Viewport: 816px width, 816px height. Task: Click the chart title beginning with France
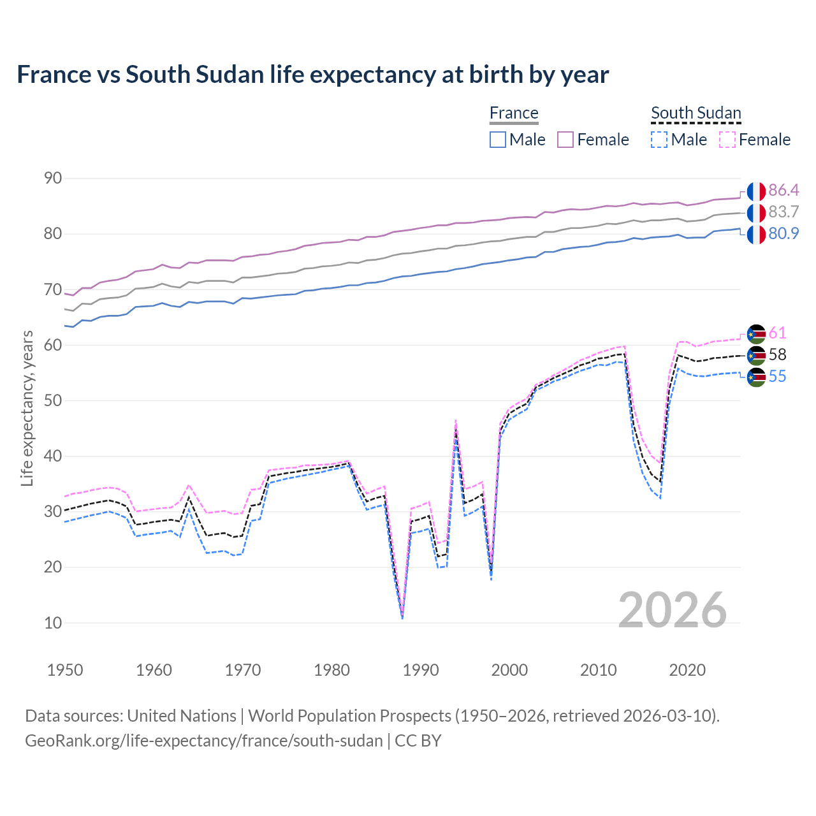(x=312, y=75)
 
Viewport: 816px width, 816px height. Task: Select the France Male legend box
(x=498, y=140)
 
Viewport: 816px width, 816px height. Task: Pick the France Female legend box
(x=565, y=140)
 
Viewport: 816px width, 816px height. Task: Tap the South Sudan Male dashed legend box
(x=659, y=140)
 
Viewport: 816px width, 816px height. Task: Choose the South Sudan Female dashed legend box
(x=727, y=140)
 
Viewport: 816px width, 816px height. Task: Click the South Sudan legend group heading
(x=696, y=113)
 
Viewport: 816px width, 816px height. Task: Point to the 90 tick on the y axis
(x=53, y=178)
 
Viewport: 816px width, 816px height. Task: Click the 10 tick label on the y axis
(x=53, y=623)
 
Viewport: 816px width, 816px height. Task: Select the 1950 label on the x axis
(x=65, y=670)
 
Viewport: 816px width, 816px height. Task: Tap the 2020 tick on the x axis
(x=687, y=670)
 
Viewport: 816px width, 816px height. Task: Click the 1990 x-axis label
(x=421, y=670)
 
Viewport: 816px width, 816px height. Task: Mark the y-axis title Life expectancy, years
(x=27, y=408)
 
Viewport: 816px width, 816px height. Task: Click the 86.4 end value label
(x=783, y=191)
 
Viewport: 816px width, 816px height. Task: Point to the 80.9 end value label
(x=783, y=234)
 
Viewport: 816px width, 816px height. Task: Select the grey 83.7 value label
(x=783, y=212)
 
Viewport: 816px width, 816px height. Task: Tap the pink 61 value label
(x=777, y=333)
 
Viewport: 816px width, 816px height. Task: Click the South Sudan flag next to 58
(x=756, y=355)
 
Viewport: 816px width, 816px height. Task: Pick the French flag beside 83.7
(x=756, y=212)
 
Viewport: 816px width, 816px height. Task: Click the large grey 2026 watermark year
(x=673, y=610)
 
